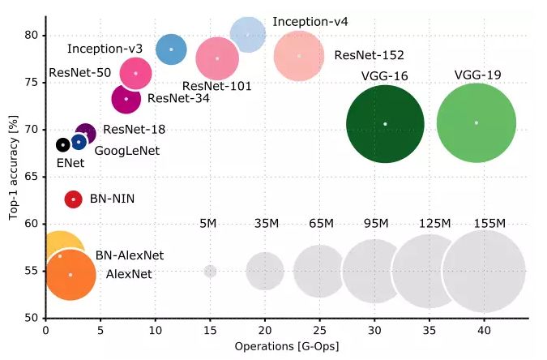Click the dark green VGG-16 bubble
(385, 123)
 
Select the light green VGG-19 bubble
(476, 122)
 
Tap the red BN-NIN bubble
(73, 199)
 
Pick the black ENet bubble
(62, 145)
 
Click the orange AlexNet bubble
(71, 275)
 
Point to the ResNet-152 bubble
(300, 56)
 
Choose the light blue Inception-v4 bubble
(248, 35)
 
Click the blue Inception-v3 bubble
(171, 49)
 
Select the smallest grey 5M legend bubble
(210, 271)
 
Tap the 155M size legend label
(489, 224)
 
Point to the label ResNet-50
(79, 72)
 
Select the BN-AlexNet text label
(130, 255)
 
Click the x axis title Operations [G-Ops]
(286, 346)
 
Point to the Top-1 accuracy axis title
(11, 174)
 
